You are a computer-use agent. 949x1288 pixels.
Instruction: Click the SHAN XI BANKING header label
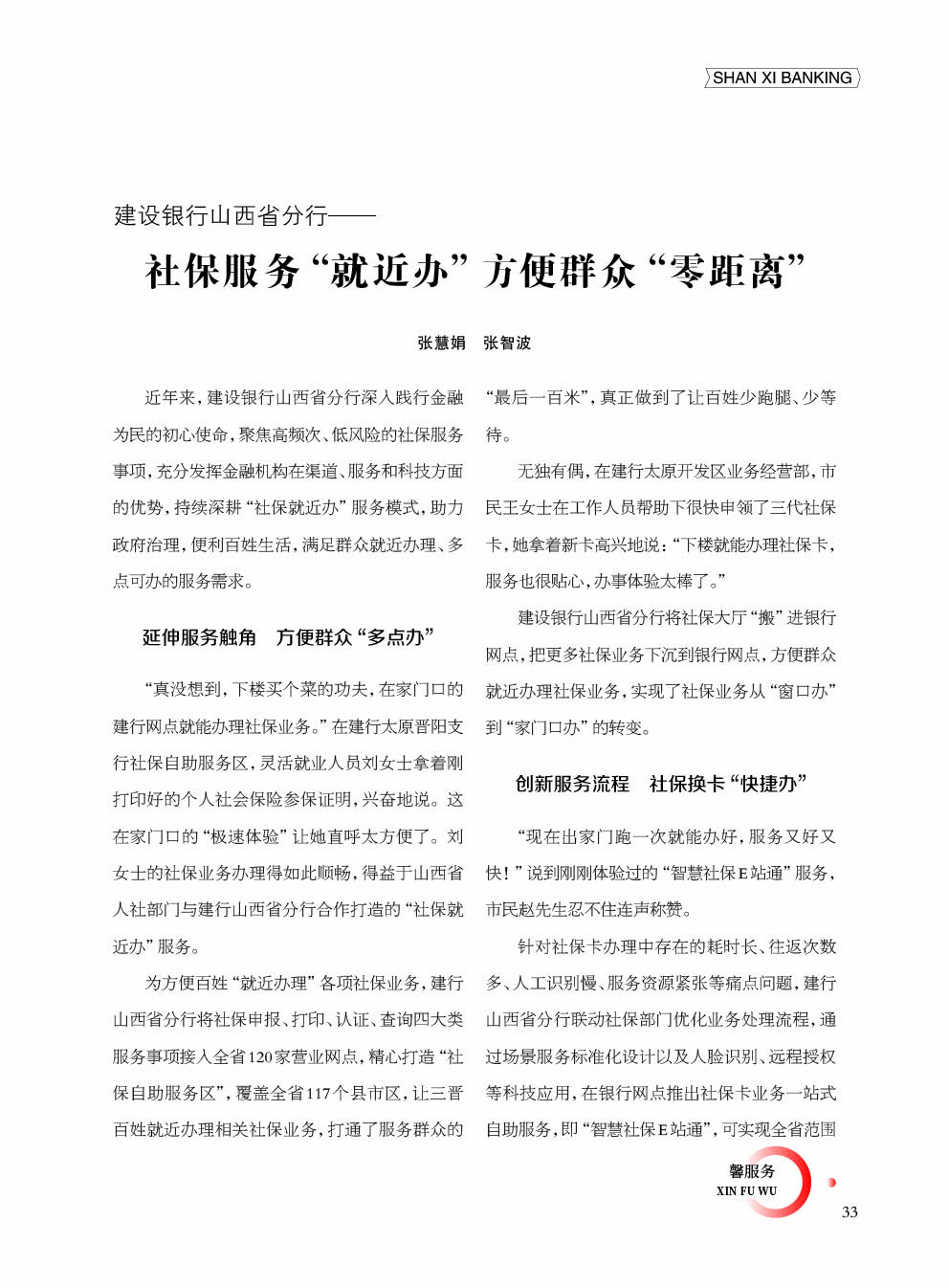tap(782, 78)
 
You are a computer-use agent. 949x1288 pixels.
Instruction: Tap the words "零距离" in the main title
tap(727, 272)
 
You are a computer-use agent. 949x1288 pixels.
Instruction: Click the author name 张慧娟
tap(441, 343)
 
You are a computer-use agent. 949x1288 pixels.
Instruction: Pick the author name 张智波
tap(507, 343)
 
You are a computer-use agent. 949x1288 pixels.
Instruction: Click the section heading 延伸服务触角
tap(199, 637)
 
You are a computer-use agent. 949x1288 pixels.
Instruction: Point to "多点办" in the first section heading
tap(396, 637)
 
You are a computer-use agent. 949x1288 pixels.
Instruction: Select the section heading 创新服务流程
tap(572, 784)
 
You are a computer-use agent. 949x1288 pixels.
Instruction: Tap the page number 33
tap(850, 1212)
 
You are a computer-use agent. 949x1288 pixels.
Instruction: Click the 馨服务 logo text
tap(752, 1171)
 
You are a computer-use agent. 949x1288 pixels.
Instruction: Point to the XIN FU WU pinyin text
tap(746, 1191)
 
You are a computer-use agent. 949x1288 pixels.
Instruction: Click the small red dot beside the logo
tap(831, 1183)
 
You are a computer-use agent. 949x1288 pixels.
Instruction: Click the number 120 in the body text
tap(260, 1057)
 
